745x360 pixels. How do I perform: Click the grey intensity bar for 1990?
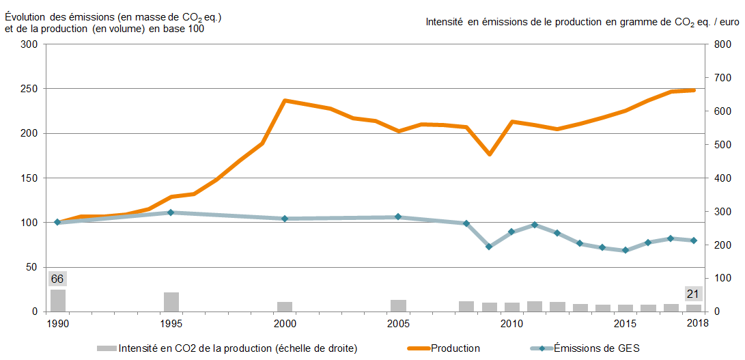point(58,301)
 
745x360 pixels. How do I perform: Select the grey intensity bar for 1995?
point(171,302)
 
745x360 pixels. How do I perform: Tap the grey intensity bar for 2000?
point(285,307)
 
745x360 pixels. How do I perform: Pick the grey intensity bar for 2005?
point(398,305)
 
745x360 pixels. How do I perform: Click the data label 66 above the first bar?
point(57,279)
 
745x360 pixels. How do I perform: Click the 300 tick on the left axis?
point(30,44)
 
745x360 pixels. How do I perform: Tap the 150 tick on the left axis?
point(30,178)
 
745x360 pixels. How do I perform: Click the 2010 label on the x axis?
point(511,322)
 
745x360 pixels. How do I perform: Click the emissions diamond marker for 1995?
point(171,212)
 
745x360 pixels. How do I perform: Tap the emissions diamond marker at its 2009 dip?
point(489,247)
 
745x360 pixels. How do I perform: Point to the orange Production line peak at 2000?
point(285,100)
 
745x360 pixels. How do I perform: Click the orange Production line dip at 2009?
point(489,154)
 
